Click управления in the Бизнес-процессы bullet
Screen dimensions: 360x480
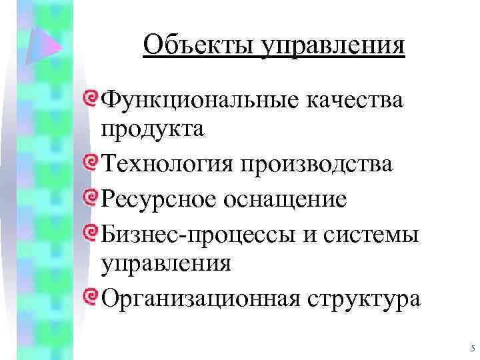(166, 263)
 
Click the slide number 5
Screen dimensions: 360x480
(471, 348)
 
